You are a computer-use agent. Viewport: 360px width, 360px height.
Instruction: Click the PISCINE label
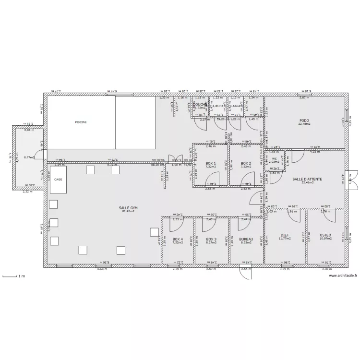tap(81, 122)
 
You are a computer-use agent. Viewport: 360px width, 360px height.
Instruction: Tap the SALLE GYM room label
tap(128, 208)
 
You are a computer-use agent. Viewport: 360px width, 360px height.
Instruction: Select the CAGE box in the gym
tap(58, 180)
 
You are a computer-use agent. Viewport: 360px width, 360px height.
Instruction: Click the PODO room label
tap(304, 120)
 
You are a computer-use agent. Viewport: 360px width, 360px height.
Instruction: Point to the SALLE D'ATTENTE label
tap(307, 179)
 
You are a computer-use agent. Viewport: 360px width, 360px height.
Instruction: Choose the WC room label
tap(274, 158)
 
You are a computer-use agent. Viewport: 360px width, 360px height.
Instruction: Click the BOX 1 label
tap(211, 164)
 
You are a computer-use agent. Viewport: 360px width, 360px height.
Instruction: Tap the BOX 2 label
tap(246, 164)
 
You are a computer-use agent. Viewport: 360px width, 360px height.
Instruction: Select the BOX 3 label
tap(211, 239)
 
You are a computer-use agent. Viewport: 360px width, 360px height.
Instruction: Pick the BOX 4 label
tap(178, 239)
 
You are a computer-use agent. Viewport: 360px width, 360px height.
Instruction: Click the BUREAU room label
tap(246, 239)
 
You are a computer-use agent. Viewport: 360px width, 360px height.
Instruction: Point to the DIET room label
tap(285, 235)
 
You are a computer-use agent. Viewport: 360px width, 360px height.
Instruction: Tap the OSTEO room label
tap(325, 235)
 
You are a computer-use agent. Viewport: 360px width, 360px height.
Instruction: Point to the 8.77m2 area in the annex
tap(29, 157)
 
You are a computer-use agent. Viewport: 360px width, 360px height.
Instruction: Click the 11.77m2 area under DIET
tap(285, 239)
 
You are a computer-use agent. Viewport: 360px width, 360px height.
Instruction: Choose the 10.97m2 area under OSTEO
tap(325, 239)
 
